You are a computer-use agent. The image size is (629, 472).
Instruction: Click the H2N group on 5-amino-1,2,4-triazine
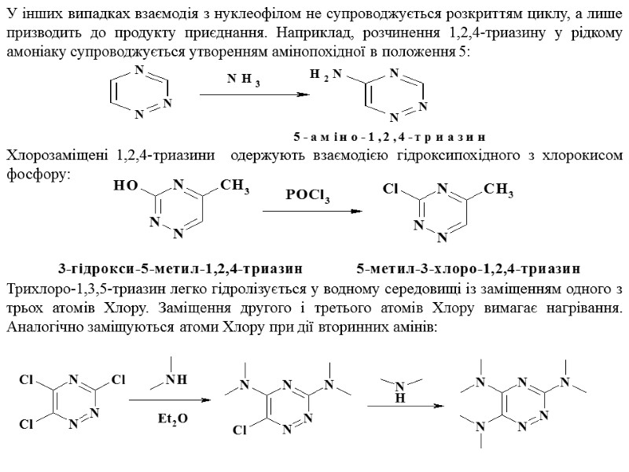(326, 74)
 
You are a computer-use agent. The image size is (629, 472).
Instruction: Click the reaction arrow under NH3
(252, 95)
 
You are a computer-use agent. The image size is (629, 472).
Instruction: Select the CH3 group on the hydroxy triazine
(235, 186)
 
